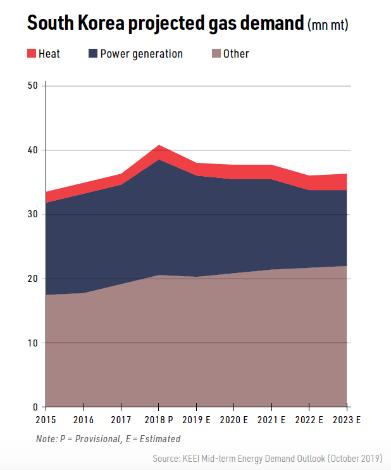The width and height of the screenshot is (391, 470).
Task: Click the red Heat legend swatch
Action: point(32,54)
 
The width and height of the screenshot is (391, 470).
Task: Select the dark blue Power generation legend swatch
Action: point(93,54)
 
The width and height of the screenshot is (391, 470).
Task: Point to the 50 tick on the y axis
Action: point(34,86)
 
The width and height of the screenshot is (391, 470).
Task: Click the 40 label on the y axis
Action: point(34,150)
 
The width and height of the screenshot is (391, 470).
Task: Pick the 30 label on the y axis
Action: point(34,215)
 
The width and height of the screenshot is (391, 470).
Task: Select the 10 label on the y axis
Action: point(34,343)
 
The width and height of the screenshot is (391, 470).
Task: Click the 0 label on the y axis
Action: point(35,407)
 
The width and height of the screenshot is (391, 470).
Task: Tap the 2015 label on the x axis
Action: point(46,420)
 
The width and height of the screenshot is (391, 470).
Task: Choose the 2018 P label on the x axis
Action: point(159,420)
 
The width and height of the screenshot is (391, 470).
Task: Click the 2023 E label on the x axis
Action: point(347,420)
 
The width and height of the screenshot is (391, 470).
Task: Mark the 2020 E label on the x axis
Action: point(234,420)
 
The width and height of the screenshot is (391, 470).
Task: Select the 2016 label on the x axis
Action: point(84,420)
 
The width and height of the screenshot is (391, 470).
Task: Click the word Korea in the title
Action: point(113,23)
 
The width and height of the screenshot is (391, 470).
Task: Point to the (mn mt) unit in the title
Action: point(328,25)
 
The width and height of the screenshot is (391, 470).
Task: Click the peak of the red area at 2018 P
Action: point(159,146)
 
